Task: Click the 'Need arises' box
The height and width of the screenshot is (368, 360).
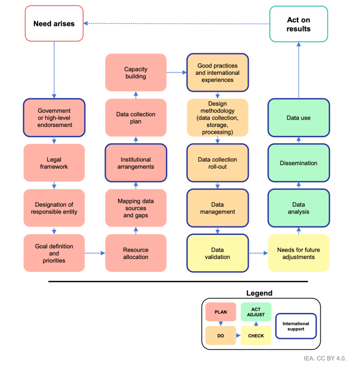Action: [x=54, y=24]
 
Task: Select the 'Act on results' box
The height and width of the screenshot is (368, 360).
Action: [x=298, y=24]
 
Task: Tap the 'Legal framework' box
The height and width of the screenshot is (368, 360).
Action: [x=54, y=163]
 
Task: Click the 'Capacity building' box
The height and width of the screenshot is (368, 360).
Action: [x=136, y=72]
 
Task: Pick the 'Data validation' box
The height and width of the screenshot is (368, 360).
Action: [x=218, y=253]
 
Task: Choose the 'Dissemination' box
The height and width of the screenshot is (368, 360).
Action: [x=298, y=163]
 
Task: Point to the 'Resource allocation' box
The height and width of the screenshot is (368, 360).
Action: [x=136, y=253]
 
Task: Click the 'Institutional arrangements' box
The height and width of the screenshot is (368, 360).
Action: [x=136, y=163]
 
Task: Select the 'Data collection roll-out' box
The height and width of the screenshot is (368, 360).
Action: [x=218, y=163]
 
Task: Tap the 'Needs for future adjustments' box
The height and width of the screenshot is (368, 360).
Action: [x=298, y=253]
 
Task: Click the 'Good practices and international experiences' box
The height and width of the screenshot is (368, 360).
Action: [x=218, y=72]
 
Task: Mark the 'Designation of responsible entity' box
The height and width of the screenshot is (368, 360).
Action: [x=54, y=208]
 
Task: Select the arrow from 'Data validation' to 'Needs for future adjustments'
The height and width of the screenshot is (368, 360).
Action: [x=258, y=253]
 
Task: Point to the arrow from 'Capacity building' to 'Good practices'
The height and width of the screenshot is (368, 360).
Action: [x=177, y=72]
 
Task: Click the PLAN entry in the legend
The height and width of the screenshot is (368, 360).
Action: [x=220, y=311]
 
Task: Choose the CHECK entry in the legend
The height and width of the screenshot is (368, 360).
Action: [x=256, y=335]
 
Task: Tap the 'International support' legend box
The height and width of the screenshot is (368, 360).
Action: [x=296, y=327]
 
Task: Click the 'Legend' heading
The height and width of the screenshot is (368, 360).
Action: [x=259, y=293]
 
